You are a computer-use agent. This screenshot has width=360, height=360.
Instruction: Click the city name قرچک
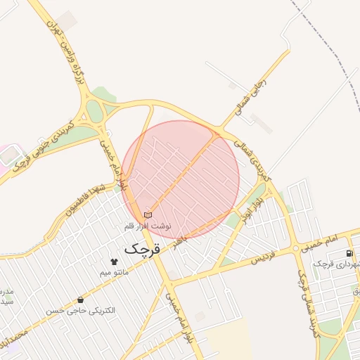point(143,248)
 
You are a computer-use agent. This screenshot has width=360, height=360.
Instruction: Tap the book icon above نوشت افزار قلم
point(148,214)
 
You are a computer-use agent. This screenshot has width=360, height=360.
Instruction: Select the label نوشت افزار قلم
point(148,226)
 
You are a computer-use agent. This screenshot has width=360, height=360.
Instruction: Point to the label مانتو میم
point(113,271)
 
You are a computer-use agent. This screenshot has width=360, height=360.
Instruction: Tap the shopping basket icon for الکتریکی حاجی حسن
point(80,300)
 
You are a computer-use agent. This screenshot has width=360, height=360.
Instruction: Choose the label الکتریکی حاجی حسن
point(81,310)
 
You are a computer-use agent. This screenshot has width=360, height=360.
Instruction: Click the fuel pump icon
point(349,253)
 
